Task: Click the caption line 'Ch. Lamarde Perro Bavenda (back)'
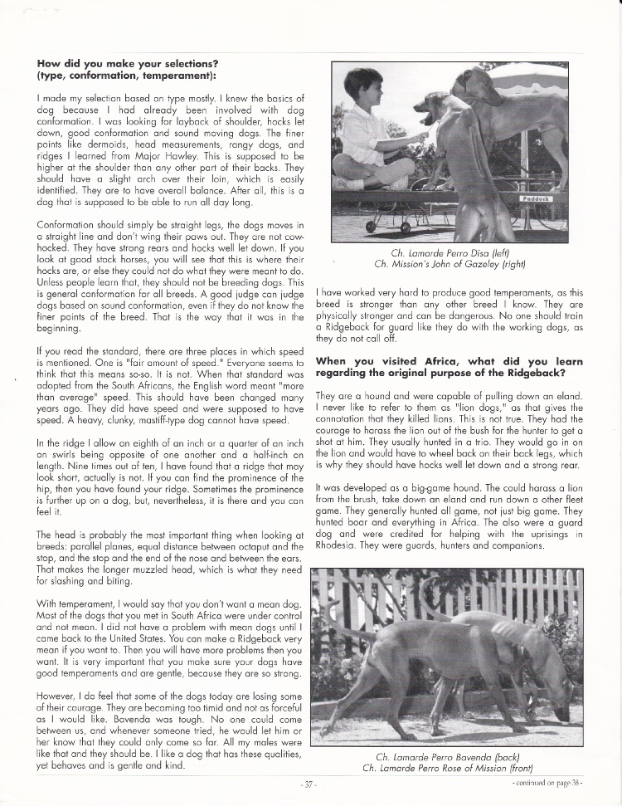[453, 756]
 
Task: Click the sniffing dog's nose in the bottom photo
[565, 716]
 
